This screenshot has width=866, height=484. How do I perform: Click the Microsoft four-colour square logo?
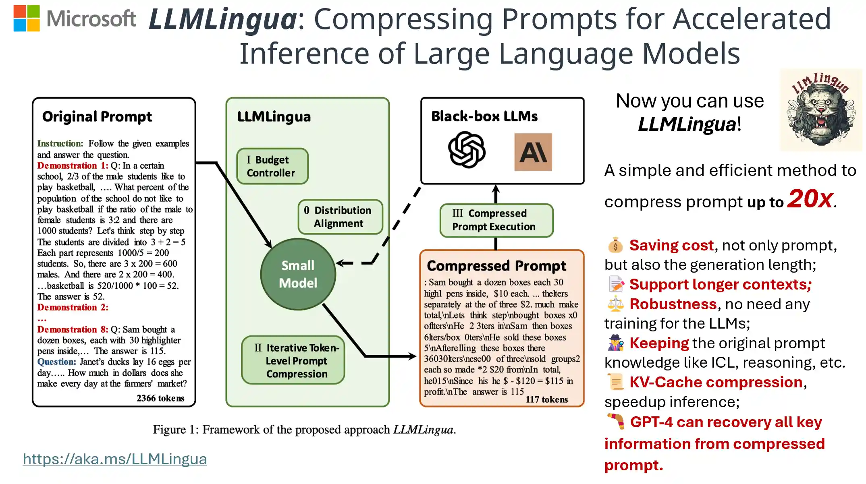click(27, 18)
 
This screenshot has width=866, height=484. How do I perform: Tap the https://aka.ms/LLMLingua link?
click(115, 459)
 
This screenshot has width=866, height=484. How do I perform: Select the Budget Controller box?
click(272, 166)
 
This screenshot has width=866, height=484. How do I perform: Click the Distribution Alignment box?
click(340, 217)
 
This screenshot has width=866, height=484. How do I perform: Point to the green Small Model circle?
click(298, 274)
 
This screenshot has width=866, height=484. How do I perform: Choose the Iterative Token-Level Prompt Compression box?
click(293, 360)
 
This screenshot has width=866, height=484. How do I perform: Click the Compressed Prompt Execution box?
click(496, 220)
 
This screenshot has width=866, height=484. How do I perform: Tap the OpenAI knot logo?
click(467, 149)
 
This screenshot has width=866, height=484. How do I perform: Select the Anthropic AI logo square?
click(533, 152)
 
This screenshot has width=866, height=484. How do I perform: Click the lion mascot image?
click(821, 110)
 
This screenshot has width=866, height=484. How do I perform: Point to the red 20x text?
click(810, 199)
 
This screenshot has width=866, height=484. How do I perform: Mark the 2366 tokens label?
click(160, 398)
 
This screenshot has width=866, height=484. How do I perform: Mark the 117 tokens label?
click(546, 399)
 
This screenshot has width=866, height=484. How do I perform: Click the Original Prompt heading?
click(97, 117)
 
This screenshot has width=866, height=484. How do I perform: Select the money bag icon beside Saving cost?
click(615, 245)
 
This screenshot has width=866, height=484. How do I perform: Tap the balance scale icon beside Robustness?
click(615, 304)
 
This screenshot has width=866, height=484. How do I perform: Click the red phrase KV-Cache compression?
click(716, 382)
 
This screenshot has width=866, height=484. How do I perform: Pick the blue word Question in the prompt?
click(56, 362)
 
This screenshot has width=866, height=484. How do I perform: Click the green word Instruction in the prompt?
click(60, 143)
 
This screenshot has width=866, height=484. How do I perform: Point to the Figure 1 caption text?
click(304, 430)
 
